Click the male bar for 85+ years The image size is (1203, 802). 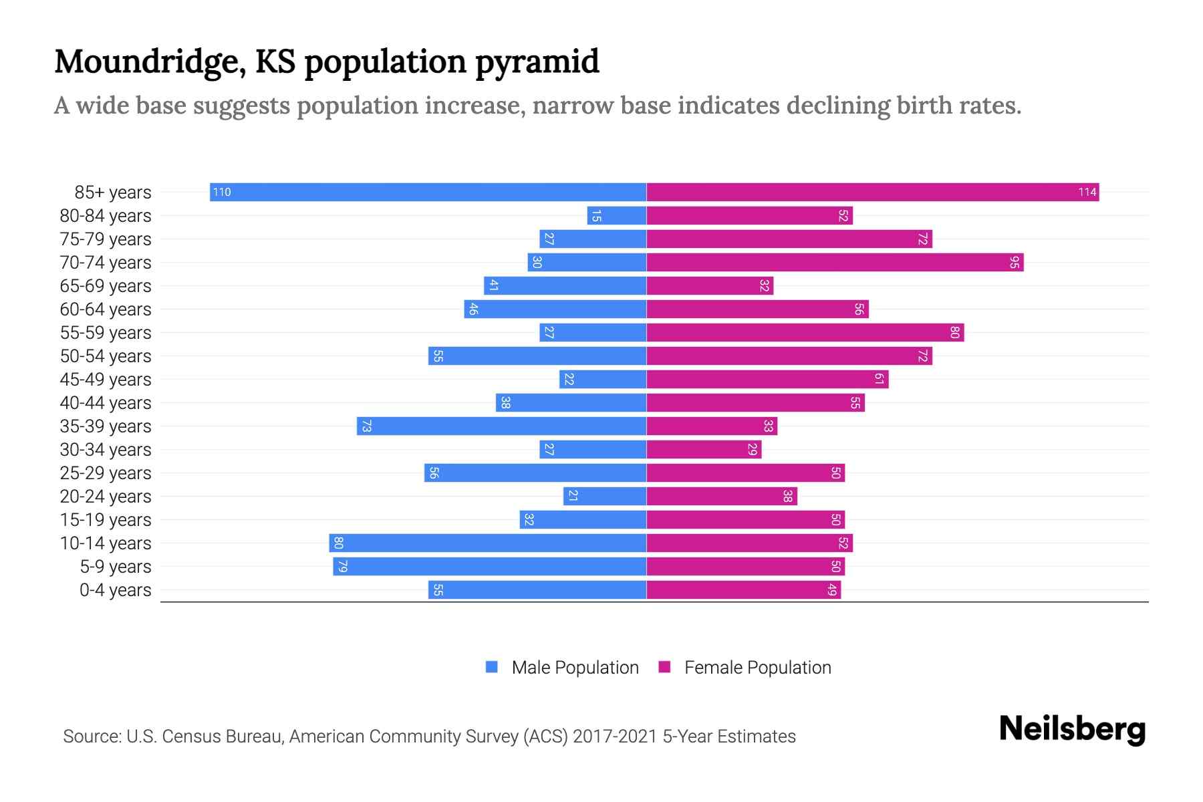pyautogui.click(x=428, y=192)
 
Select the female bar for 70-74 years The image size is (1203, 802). pyautogui.click(x=834, y=263)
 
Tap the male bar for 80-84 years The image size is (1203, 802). pyautogui.click(x=616, y=216)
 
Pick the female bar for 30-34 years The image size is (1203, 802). pyautogui.click(x=703, y=450)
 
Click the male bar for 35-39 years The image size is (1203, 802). pyautogui.click(x=501, y=426)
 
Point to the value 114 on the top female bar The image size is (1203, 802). pyautogui.click(x=1087, y=192)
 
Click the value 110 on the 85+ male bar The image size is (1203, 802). pyautogui.click(x=221, y=192)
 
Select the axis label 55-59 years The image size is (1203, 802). pyautogui.click(x=106, y=333)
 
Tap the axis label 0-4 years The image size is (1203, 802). pyautogui.click(x=115, y=590)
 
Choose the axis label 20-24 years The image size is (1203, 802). pyautogui.click(x=106, y=497)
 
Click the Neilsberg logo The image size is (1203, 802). pyautogui.click(x=1072, y=729)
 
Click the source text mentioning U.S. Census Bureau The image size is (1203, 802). pyautogui.click(x=429, y=737)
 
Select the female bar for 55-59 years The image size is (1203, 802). pyautogui.click(x=805, y=333)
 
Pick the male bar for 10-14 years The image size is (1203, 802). pyautogui.click(x=488, y=543)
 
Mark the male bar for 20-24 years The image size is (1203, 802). pyautogui.click(x=605, y=497)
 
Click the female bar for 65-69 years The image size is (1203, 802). pyautogui.click(x=710, y=286)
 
